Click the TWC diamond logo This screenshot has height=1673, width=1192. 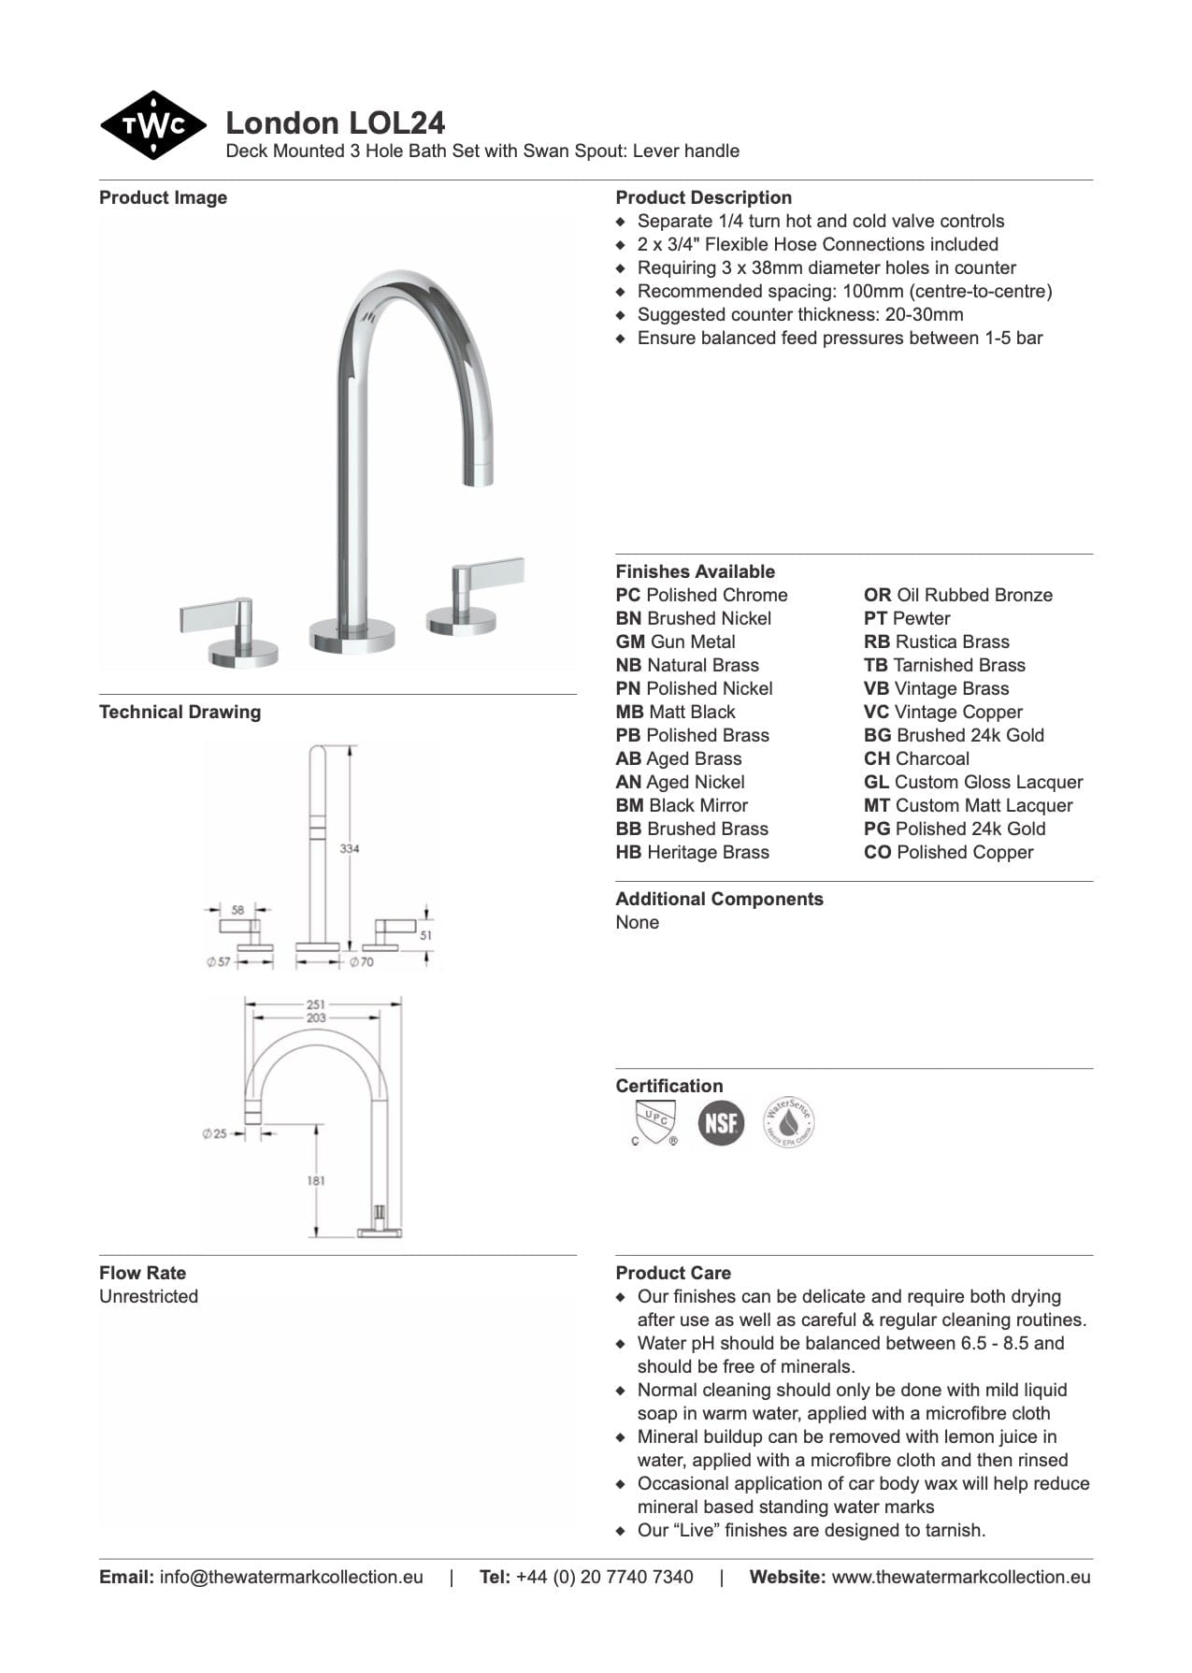point(152,125)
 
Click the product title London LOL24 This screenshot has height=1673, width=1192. point(335,123)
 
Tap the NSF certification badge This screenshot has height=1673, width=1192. point(721,1122)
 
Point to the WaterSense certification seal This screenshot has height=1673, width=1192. point(789,1122)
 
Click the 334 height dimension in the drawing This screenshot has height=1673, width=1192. point(349,848)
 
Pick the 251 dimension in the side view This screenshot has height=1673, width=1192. point(316,1004)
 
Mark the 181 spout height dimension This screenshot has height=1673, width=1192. point(316,1180)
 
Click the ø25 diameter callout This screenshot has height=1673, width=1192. point(215,1133)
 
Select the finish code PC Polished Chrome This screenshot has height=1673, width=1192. point(701,595)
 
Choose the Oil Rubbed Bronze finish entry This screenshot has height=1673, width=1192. point(957,595)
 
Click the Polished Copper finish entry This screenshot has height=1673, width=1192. point(948,852)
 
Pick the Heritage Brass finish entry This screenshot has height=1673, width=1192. point(692,852)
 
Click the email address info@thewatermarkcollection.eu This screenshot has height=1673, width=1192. point(291,1577)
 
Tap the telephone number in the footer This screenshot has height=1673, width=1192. point(604,1577)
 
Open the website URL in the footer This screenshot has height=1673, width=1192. point(960,1577)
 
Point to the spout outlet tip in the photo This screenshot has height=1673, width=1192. point(480,474)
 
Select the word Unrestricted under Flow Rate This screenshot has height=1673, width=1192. point(149,1296)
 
